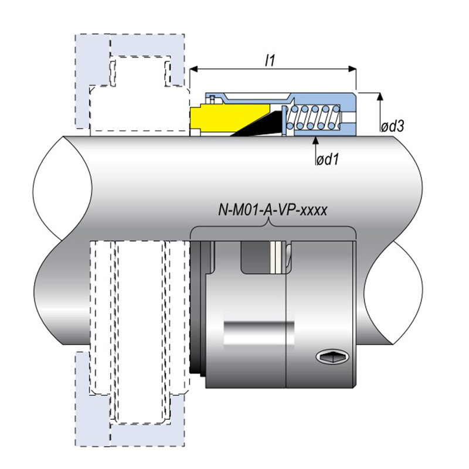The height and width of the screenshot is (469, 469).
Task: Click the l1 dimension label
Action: (x=270, y=61)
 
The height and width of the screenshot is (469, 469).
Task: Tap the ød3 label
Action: (x=392, y=127)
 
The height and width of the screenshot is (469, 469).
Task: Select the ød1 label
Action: (x=328, y=159)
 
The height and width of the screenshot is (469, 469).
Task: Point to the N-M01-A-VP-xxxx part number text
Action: (x=273, y=210)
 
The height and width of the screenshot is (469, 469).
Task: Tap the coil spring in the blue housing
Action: (x=313, y=117)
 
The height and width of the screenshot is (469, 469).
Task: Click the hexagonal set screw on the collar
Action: (x=332, y=356)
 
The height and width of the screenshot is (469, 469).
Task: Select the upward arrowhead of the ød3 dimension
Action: (x=380, y=96)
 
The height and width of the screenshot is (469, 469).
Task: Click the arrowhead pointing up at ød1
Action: (x=315, y=140)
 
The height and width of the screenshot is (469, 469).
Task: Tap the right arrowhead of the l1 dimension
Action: (x=352, y=69)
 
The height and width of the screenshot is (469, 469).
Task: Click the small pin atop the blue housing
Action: (x=212, y=99)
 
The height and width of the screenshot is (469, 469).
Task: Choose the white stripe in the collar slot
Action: (x=276, y=257)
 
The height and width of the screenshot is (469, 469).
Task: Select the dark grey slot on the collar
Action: (x=256, y=257)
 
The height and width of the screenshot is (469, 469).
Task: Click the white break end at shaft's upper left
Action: (x=62, y=188)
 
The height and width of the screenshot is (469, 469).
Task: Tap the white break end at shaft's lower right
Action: (x=393, y=293)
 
